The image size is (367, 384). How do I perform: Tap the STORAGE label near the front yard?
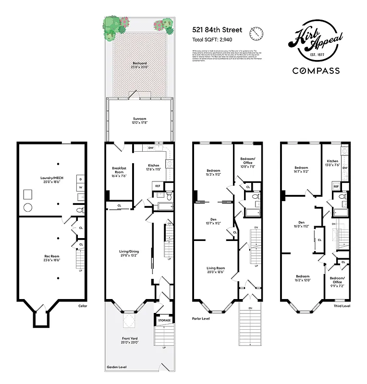[x=164, y=320]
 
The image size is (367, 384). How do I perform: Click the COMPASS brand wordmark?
[x=316, y=71]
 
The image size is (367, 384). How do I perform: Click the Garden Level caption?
[x=116, y=367]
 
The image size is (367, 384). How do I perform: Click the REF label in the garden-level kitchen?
[x=158, y=186]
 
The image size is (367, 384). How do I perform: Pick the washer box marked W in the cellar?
[x=80, y=187]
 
